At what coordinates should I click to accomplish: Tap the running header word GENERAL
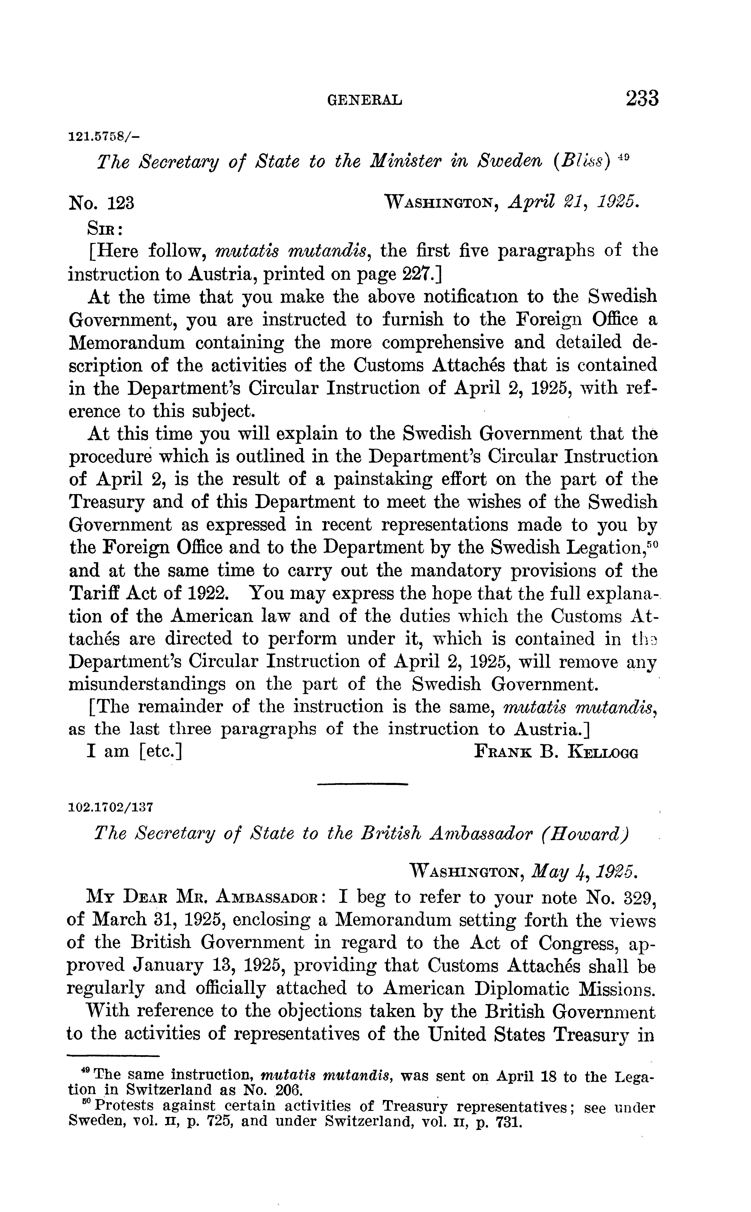[x=365, y=101]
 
